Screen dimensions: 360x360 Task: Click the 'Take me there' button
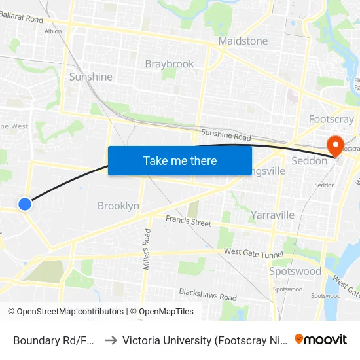click(x=180, y=160)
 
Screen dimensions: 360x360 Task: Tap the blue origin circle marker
click(x=25, y=204)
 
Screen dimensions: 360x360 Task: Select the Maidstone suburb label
click(x=243, y=41)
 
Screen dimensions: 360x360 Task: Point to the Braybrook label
click(x=170, y=64)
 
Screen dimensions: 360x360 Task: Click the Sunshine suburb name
click(x=91, y=77)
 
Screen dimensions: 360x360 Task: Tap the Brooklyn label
click(x=118, y=206)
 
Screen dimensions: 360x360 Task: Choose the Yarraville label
click(x=272, y=215)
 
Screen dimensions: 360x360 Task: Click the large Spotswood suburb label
click(x=295, y=271)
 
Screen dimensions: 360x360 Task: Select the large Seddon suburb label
click(x=309, y=161)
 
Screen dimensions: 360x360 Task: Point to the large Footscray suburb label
click(x=331, y=120)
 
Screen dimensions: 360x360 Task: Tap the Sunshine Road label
click(x=226, y=135)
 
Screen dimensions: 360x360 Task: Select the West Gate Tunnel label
click(x=253, y=253)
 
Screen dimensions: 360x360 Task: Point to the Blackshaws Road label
click(x=208, y=296)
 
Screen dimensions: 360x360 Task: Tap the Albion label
click(x=53, y=31)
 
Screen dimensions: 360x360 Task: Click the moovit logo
click(x=320, y=339)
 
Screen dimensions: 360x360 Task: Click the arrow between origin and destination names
click(x=110, y=340)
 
